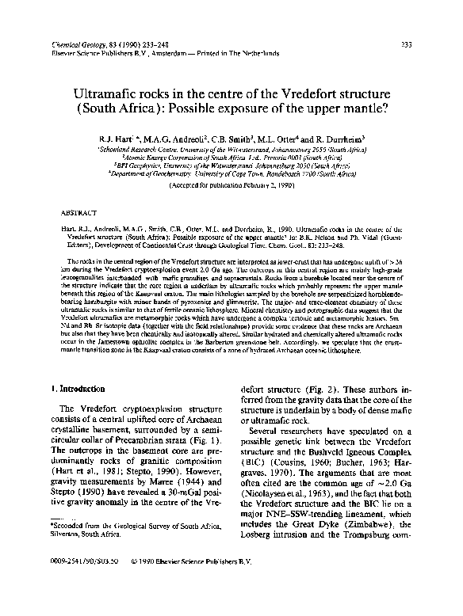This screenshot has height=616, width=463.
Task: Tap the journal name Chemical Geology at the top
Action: tap(79, 44)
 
